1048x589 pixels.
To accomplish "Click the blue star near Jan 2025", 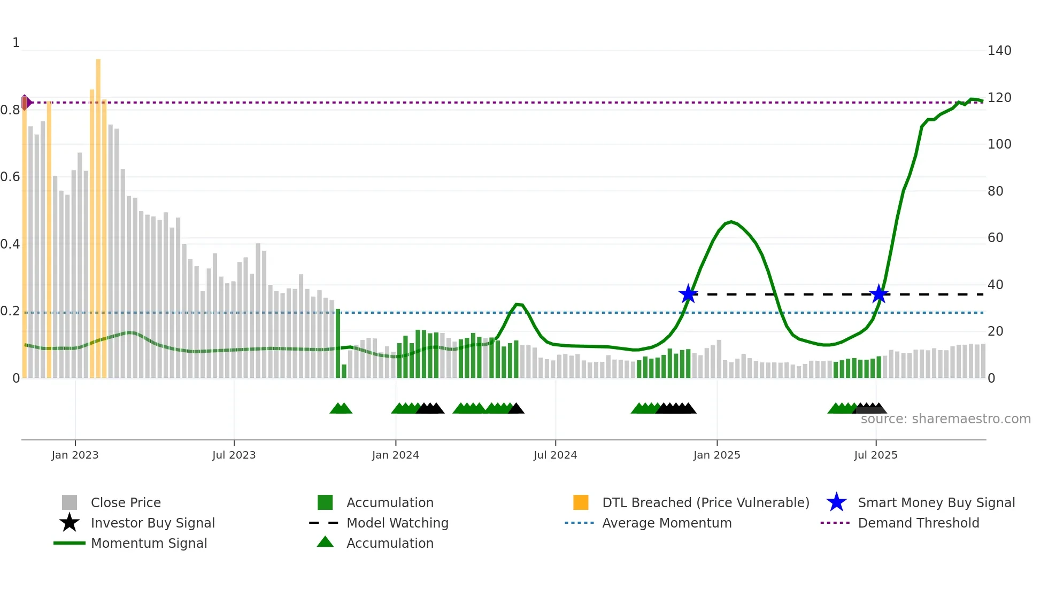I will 688,294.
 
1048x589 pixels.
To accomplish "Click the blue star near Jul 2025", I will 879,294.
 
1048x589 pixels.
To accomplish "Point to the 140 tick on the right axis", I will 999,51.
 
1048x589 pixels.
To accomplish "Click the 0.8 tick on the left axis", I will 10,110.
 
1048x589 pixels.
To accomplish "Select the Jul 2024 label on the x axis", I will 555,455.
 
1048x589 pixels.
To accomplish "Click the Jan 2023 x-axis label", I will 75,455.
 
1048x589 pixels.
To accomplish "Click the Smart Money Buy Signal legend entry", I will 936,502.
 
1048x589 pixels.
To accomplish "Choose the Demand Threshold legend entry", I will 918,523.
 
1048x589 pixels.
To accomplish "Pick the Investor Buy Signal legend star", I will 70,523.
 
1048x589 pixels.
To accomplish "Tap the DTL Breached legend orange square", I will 581,502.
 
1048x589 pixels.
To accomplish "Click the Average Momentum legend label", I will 666,523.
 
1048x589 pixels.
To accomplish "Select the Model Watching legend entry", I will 397,523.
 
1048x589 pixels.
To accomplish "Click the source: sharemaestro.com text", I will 945,419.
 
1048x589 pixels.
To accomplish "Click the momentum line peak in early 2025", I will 731,222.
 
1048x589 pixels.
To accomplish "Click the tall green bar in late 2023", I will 338,342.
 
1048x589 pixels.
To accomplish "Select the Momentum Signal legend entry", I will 148,543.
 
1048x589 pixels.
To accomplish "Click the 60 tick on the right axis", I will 995,238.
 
